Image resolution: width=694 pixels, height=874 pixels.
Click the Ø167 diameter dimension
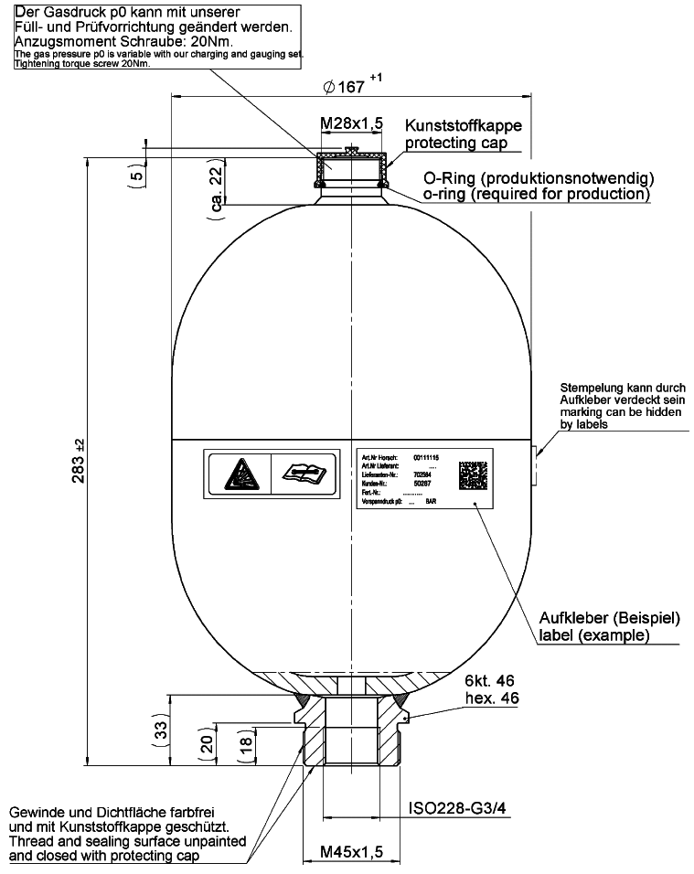click(x=345, y=88)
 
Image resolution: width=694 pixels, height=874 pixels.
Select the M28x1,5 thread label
click(x=350, y=124)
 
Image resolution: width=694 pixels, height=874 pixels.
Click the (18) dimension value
click(x=246, y=744)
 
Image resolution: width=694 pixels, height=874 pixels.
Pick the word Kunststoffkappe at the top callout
click(x=464, y=126)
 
